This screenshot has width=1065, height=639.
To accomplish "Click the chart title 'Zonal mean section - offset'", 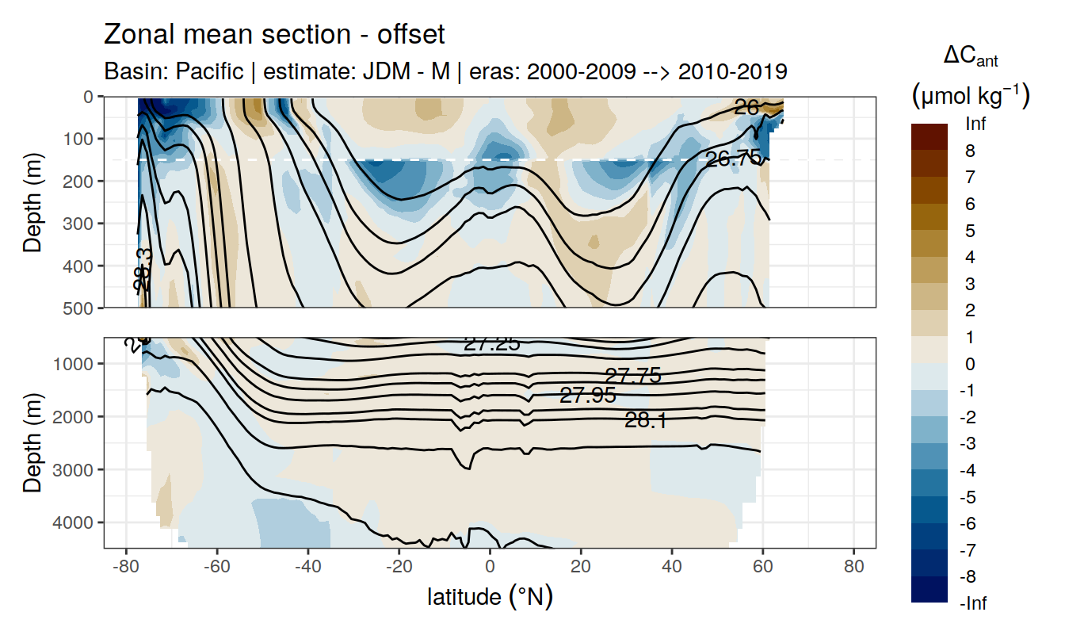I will [274, 36].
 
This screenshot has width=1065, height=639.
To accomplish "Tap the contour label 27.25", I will [491, 343].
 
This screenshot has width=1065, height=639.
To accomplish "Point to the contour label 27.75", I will [632, 377].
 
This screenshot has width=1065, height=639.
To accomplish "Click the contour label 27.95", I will [587, 396].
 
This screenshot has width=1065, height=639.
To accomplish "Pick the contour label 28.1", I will [645, 421].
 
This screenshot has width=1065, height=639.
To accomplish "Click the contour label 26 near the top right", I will [746, 107].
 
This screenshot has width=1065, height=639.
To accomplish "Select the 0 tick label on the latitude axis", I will [491, 568].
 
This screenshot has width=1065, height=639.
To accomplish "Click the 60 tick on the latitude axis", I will [762, 568].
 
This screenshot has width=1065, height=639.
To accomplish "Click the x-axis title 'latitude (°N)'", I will [490, 596].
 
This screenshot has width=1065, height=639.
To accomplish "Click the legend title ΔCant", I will [970, 57].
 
